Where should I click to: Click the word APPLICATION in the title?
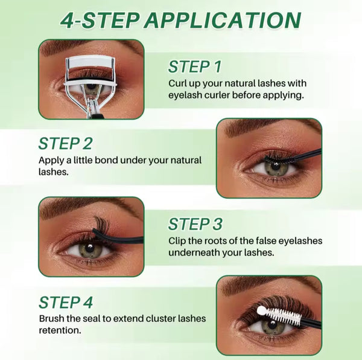(x=221, y=20)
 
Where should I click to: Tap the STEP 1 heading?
(x=195, y=66)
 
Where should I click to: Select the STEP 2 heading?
(x=65, y=144)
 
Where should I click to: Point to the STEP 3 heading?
(x=195, y=225)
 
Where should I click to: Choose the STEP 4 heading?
(x=66, y=302)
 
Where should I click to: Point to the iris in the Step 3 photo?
(x=89, y=248)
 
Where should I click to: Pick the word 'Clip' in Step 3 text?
(x=178, y=241)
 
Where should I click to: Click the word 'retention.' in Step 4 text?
(x=59, y=330)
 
